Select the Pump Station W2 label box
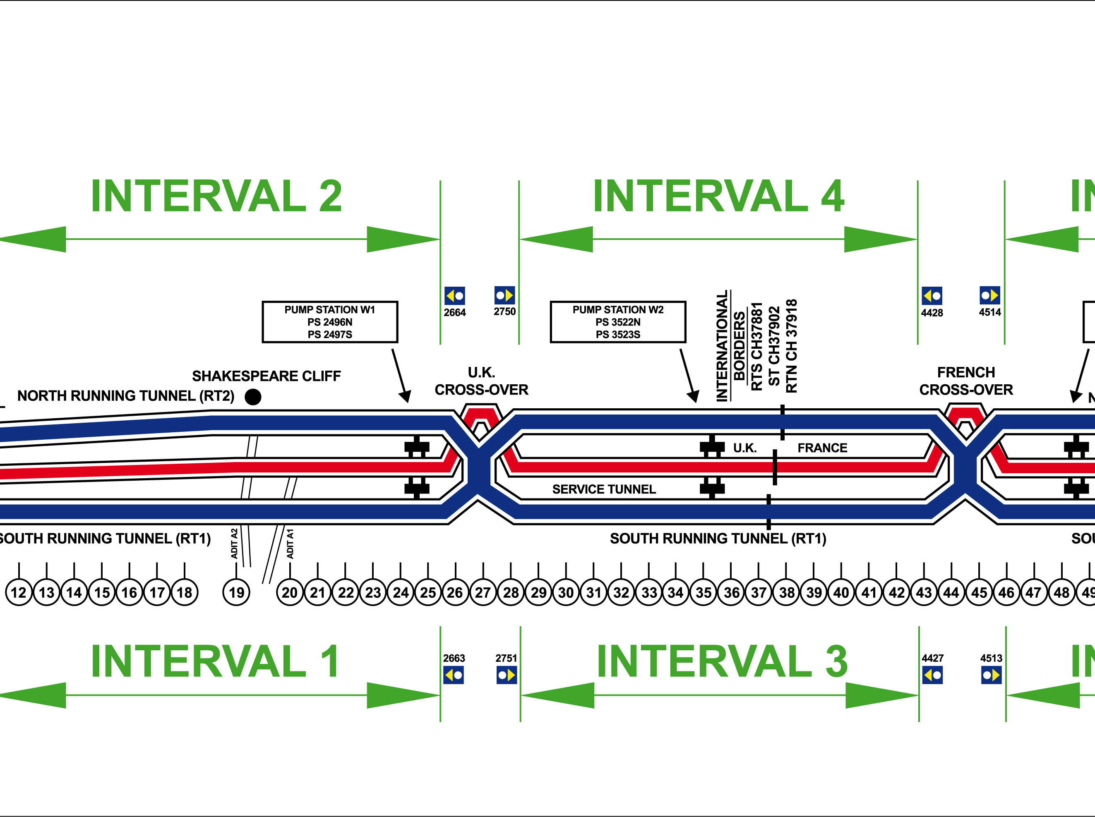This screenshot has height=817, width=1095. [x=617, y=322]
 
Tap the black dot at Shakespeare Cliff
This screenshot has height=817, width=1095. [x=253, y=397]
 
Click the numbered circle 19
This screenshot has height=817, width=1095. [x=237, y=592]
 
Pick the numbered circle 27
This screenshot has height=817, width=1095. [x=483, y=592]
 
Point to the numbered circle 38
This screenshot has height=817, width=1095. [x=786, y=592]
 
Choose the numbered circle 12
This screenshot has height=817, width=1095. [x=19, y=592]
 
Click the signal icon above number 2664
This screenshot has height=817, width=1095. [x=454, y=296]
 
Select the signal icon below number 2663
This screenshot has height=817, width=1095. [x=453, y=675]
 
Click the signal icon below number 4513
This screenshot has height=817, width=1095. [x=991, y=675]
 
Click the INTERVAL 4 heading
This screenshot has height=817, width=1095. [x=718, y=196]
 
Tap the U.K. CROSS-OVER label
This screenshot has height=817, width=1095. [x=481, y=381]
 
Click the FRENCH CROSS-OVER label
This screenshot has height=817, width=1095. [x=966, y=381]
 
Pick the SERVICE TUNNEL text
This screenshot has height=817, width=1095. [x=604, y=489]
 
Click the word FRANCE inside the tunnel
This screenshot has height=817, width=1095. [x=822, y=448]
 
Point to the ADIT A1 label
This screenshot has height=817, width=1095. [x=291, y=544]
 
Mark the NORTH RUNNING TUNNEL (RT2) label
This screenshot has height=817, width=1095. [x=126, y=395]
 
